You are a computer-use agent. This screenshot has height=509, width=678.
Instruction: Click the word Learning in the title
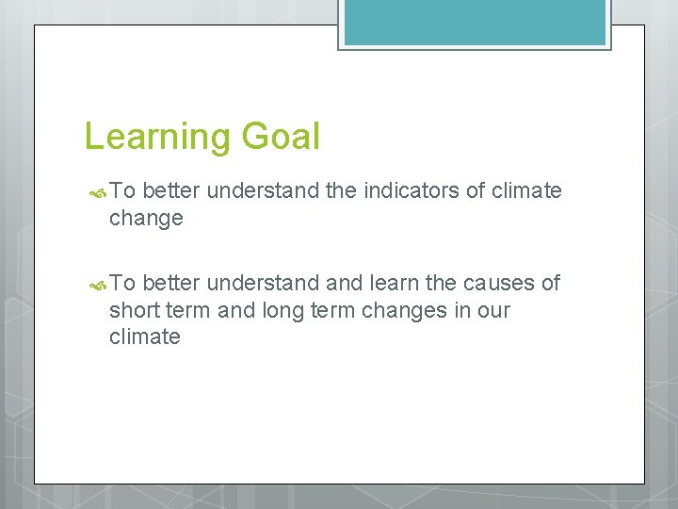coord(157,138)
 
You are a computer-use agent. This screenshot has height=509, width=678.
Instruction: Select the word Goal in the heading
coord(280,136)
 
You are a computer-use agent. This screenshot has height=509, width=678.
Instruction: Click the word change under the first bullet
coord(146,219)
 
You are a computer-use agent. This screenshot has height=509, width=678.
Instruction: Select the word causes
coord(492,283)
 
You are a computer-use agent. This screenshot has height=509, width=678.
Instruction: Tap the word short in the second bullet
coord(137,310)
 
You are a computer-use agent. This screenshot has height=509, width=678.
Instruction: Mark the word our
coord(492,310)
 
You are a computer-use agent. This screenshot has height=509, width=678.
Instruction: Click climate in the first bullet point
coord(526,191)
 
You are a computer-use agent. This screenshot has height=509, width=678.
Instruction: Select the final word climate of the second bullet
coord(144,337)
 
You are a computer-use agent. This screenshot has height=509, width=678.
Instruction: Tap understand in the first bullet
coord(262,191)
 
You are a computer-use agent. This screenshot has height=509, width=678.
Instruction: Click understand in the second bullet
coord(262,283)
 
